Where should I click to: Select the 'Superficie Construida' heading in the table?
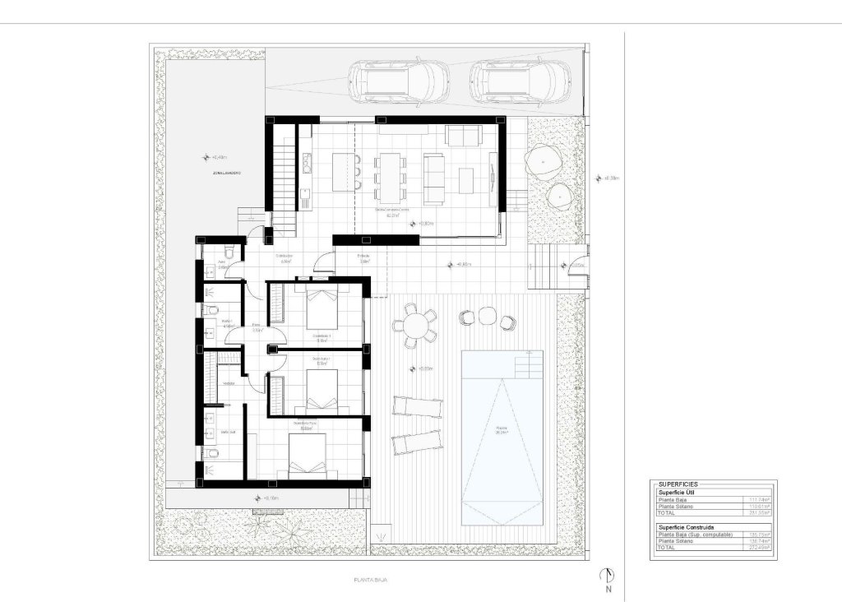click(x=686, y=526)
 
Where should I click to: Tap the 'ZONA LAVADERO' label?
click(x=226, y=174)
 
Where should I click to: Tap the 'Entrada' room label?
click(x=363, y=257)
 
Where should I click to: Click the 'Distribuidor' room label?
click(x=285, y=256)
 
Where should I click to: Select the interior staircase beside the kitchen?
click(x=284, y=178)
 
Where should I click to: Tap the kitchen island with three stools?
click(x=343, y=170)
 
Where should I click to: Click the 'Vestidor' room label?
click(x=229, y=382)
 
